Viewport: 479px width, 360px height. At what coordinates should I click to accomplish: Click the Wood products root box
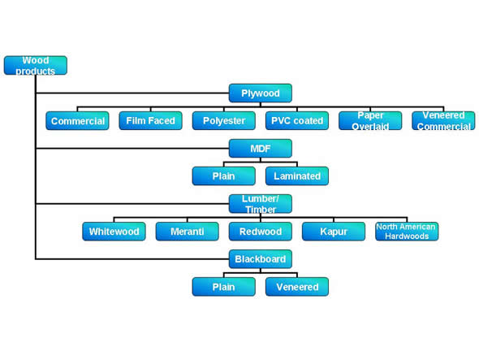(36, 65)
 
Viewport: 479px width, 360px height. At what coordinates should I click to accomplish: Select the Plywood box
(261, 93)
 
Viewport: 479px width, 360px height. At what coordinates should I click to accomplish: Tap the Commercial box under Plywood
(77, 121)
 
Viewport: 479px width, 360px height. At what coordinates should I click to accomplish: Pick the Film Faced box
(151, 121)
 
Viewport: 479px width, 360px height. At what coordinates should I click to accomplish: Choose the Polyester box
(224, 121)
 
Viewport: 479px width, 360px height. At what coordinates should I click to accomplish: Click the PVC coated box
(297, 121)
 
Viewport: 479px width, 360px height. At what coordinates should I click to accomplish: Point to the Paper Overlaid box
(370, 121)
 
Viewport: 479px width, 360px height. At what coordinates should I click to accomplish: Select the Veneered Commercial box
(443, 121)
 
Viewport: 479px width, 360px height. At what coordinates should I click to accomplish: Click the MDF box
(261, 149)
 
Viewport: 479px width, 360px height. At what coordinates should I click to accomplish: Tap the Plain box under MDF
(224, 176)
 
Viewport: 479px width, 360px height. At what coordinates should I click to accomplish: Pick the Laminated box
(297, 176)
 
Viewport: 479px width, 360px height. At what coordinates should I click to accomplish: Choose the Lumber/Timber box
(261, 204)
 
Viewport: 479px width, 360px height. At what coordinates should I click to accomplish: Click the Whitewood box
(114, 232)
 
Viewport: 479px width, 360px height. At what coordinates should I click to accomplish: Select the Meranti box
(188, 232)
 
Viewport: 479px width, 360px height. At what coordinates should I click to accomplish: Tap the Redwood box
(261, 232)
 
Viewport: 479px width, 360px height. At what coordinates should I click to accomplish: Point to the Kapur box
(334, 232)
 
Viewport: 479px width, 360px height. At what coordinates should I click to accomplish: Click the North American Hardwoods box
(407, 232)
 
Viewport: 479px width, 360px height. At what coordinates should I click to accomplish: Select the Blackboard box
(261, 259)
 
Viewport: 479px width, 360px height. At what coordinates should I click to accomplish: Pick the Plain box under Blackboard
(224, 287)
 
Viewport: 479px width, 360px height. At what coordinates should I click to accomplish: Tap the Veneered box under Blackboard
(297, 287)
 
